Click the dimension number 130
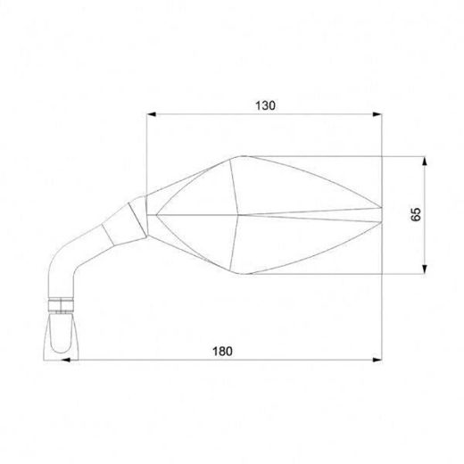[x=264, y=104]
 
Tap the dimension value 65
[x=417, y=214]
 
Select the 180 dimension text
[x=222, y=352]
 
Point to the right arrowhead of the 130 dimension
[x=378, y=114]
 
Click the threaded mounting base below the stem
[x=62, y=334]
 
